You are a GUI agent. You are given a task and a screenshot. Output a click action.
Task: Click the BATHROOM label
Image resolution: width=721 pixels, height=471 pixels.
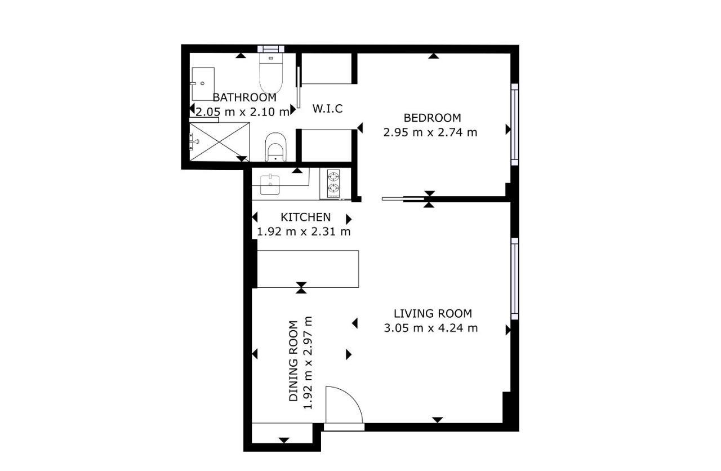coord(244,97)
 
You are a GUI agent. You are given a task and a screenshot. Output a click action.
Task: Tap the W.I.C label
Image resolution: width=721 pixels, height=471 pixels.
coord(327,109)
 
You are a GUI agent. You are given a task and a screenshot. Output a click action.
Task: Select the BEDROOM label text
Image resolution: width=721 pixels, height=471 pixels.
coord(432,118)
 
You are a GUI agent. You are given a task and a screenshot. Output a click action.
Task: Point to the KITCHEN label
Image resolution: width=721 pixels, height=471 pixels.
coord(305,217)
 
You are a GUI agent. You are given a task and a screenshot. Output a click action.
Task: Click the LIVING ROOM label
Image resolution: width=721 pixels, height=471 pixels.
coord(433,314)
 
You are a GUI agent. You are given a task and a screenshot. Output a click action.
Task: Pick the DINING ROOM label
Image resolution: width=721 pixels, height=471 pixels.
coord(293,361)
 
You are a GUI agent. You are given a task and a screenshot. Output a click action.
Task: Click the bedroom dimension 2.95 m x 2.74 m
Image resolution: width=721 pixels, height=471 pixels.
coord(430,132)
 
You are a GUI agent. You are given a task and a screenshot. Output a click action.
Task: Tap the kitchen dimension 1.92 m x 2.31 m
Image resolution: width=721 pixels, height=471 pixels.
coord(304,232)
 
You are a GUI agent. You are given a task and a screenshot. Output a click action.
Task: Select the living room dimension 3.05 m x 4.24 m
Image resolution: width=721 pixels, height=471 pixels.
coord(431,328)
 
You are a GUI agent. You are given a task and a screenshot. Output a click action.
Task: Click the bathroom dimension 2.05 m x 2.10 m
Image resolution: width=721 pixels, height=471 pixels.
coord(242,112)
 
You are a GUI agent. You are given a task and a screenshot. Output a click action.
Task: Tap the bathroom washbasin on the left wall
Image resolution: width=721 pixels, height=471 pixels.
coord(202,84)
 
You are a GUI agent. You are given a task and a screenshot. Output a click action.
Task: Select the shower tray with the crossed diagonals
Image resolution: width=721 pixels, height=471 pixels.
coord(219,141)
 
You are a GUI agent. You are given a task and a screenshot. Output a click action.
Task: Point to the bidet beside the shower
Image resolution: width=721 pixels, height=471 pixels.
coord(276,147)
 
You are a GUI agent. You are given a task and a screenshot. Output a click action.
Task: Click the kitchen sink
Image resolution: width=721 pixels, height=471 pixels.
coord(270,184)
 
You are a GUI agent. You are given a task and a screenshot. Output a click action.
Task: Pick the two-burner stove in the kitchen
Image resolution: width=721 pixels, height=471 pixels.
coord(333,183)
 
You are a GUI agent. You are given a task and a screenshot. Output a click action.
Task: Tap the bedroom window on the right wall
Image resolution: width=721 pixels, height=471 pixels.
coord(515,125)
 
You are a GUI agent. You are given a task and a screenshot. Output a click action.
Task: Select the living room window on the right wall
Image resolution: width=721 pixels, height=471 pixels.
coord(515,279)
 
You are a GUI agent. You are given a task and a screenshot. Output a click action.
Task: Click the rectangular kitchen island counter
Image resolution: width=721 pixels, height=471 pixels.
coord(308,269)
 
